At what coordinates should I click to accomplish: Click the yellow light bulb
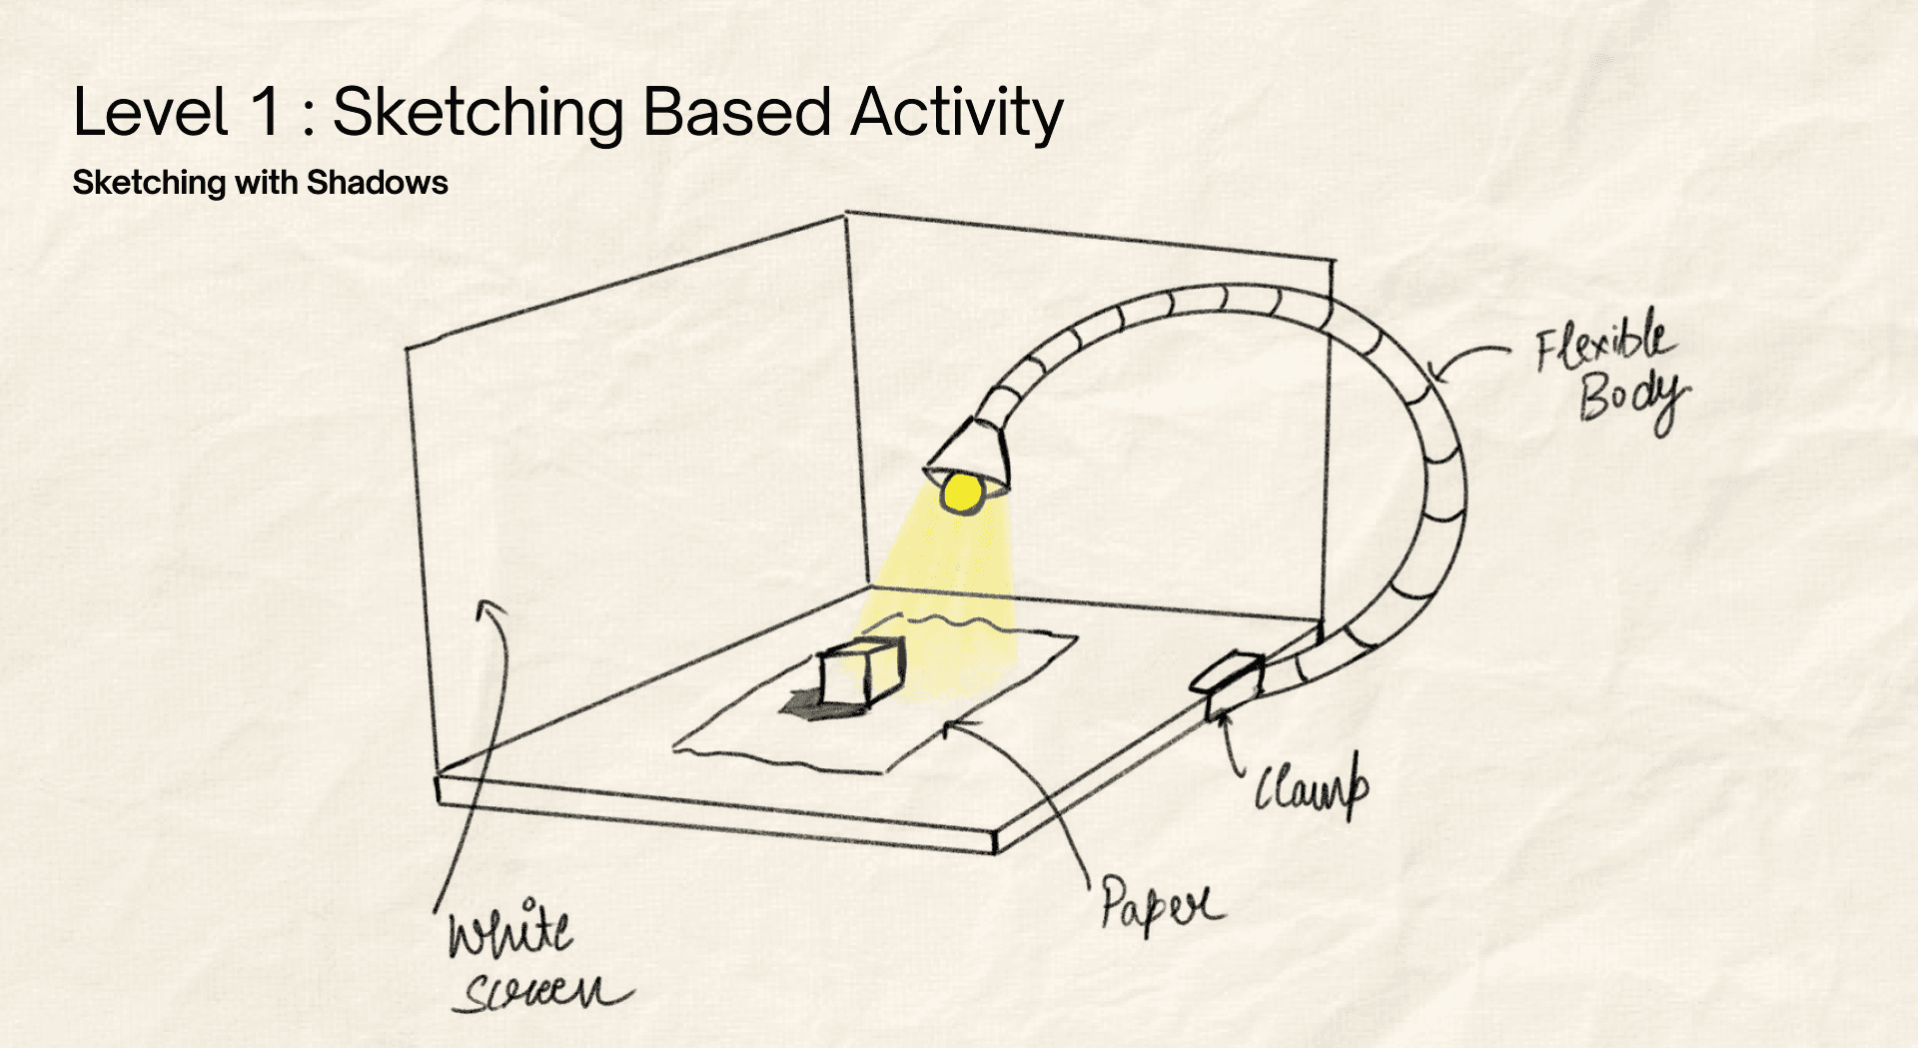tap(962, 493)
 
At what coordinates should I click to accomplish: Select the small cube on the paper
tap(861, 672)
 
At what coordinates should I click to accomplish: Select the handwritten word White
tap(510, 929)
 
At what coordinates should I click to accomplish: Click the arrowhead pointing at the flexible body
tap(1436, 375)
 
